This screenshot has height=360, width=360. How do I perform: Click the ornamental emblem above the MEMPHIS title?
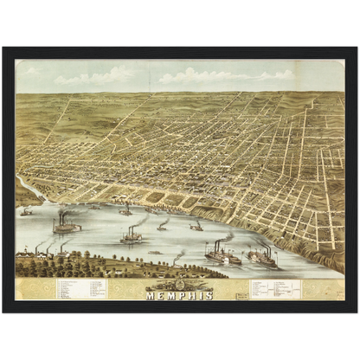click(x=179, y=284)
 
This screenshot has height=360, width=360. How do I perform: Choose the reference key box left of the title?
click(x=82, y=288)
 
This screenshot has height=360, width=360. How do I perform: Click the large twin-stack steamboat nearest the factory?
click(x=66, y=227)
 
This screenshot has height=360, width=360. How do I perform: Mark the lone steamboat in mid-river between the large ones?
click(x=132, y=235)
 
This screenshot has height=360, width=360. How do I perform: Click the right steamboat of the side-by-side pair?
click(x=261, y=256)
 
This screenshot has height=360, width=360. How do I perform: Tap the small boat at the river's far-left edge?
click(x=26, y=211)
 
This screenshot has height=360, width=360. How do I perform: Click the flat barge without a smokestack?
click(x=155, y=253)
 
